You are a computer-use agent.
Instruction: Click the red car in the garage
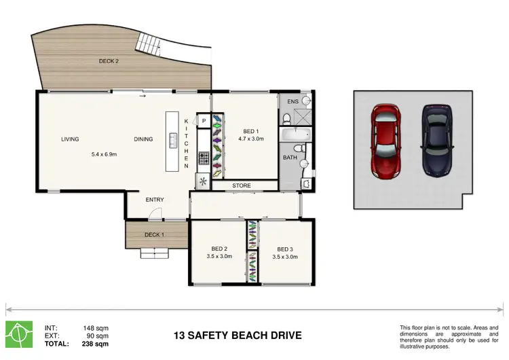click(386, 141)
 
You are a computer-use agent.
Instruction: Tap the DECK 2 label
click(109, 61)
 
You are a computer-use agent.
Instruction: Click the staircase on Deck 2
click(148, 44)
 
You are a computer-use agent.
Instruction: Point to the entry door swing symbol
click(155, 214)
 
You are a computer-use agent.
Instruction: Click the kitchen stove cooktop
click(204, 158)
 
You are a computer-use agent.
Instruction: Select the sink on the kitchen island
click(173, 141)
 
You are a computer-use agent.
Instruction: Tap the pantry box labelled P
click(204, 121)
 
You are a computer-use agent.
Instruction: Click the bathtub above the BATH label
click(295, 134)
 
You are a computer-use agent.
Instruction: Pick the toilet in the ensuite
click(286, 119)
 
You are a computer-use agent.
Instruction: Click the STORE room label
click(242, 185)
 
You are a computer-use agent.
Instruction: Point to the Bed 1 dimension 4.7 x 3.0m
click(251, 139)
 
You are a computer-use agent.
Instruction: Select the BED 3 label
click(285, 249)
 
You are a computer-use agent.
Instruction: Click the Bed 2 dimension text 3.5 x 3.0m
click(219, 256)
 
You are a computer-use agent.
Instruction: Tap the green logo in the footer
click(19, 334)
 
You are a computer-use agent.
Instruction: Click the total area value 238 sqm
click(95, 344)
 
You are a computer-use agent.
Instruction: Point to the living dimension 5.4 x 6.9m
click(105, 154)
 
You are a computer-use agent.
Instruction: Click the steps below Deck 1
click(155, 253)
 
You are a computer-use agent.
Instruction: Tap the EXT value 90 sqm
click(97, 336)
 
